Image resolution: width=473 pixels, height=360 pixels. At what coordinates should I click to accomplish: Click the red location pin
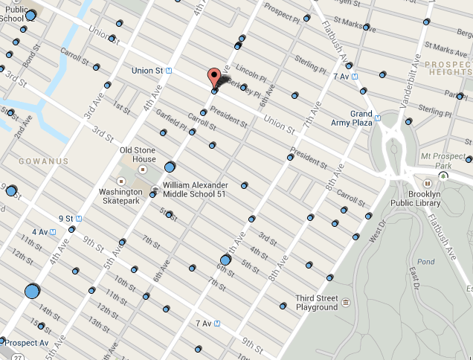[213, 78]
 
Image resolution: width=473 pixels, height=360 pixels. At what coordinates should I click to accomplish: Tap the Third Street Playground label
[317, 302]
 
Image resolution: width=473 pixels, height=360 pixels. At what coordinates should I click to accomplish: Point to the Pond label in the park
[426, 262]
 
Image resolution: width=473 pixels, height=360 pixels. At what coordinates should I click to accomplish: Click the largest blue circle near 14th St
[32, 291]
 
